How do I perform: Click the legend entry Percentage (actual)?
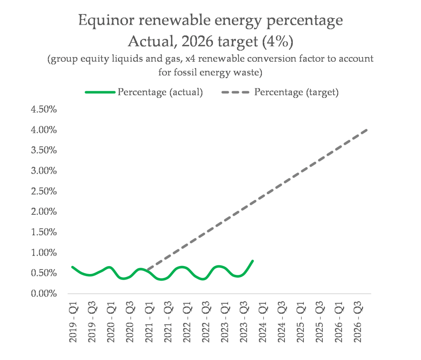point(160,92)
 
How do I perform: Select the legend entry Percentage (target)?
point(296,92)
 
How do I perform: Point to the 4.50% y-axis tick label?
point(44,109)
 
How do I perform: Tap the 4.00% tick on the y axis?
point(44,130)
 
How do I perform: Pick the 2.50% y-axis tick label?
point(44,191)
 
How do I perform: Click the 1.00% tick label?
point(44,253)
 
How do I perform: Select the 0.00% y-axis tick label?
point(44,294)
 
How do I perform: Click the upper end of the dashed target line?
point(366,130)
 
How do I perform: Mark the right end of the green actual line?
point(252,261)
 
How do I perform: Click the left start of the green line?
point(72,267)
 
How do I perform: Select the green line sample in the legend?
point(99,92)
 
